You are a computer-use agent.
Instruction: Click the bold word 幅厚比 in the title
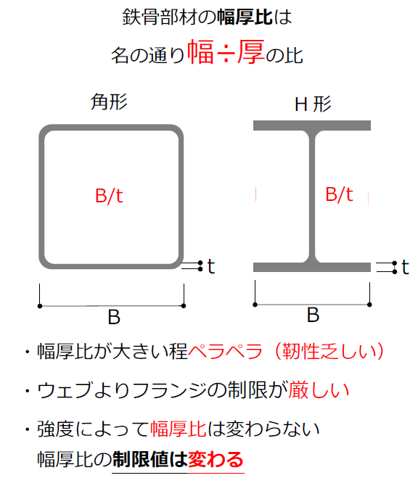click(245, 17)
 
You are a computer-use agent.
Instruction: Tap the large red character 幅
click(200, 52)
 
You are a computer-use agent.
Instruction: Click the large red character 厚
click(250, 52)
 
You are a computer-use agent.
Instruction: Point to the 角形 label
click(109, 102)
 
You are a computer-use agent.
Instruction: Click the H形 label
click(313, 104)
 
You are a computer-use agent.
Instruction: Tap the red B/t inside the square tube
click(109, 196)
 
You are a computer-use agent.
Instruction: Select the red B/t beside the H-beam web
click(339, 194)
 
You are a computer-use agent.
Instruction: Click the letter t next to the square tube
click(211, 266)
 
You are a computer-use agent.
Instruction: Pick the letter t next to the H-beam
click(405, 268)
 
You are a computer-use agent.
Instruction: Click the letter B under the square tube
click(114, 317)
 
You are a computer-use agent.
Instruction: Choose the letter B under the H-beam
click(313, 315)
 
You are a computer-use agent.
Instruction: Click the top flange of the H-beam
click(312, 125)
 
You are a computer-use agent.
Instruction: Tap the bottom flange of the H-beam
click(312, 267)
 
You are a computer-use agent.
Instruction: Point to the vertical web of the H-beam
click(312, 197)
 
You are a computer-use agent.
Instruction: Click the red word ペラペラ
click(225, 352)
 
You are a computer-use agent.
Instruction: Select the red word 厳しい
click(319, 390)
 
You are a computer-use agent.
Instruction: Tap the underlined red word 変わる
click(216, 459)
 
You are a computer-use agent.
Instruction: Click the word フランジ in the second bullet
click(170, 390)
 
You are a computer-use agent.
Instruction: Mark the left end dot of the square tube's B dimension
click(40, 306)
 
